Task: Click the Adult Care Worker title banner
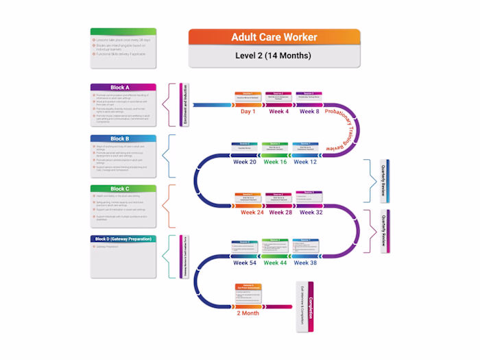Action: pos(274,37)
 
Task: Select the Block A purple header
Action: pos(123,88)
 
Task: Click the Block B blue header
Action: pos(123,139)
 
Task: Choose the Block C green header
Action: pos(123,189)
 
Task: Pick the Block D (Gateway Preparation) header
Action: pos(123,239)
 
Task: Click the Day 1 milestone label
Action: pos(248,111)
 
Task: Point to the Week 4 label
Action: pos(278,111)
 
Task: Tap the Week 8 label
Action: pos(309,111)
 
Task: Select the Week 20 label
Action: pos(243,162)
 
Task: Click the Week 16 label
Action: pos(275,162)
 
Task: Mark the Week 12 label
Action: pos(305,162)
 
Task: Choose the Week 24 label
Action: pos(252,213)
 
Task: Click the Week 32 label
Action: pos(311,213)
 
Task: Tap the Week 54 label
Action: pos(244,263)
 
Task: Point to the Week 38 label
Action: pos(304,263)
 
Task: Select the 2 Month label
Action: pos(248,313)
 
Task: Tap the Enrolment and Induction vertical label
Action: pos(183,105)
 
